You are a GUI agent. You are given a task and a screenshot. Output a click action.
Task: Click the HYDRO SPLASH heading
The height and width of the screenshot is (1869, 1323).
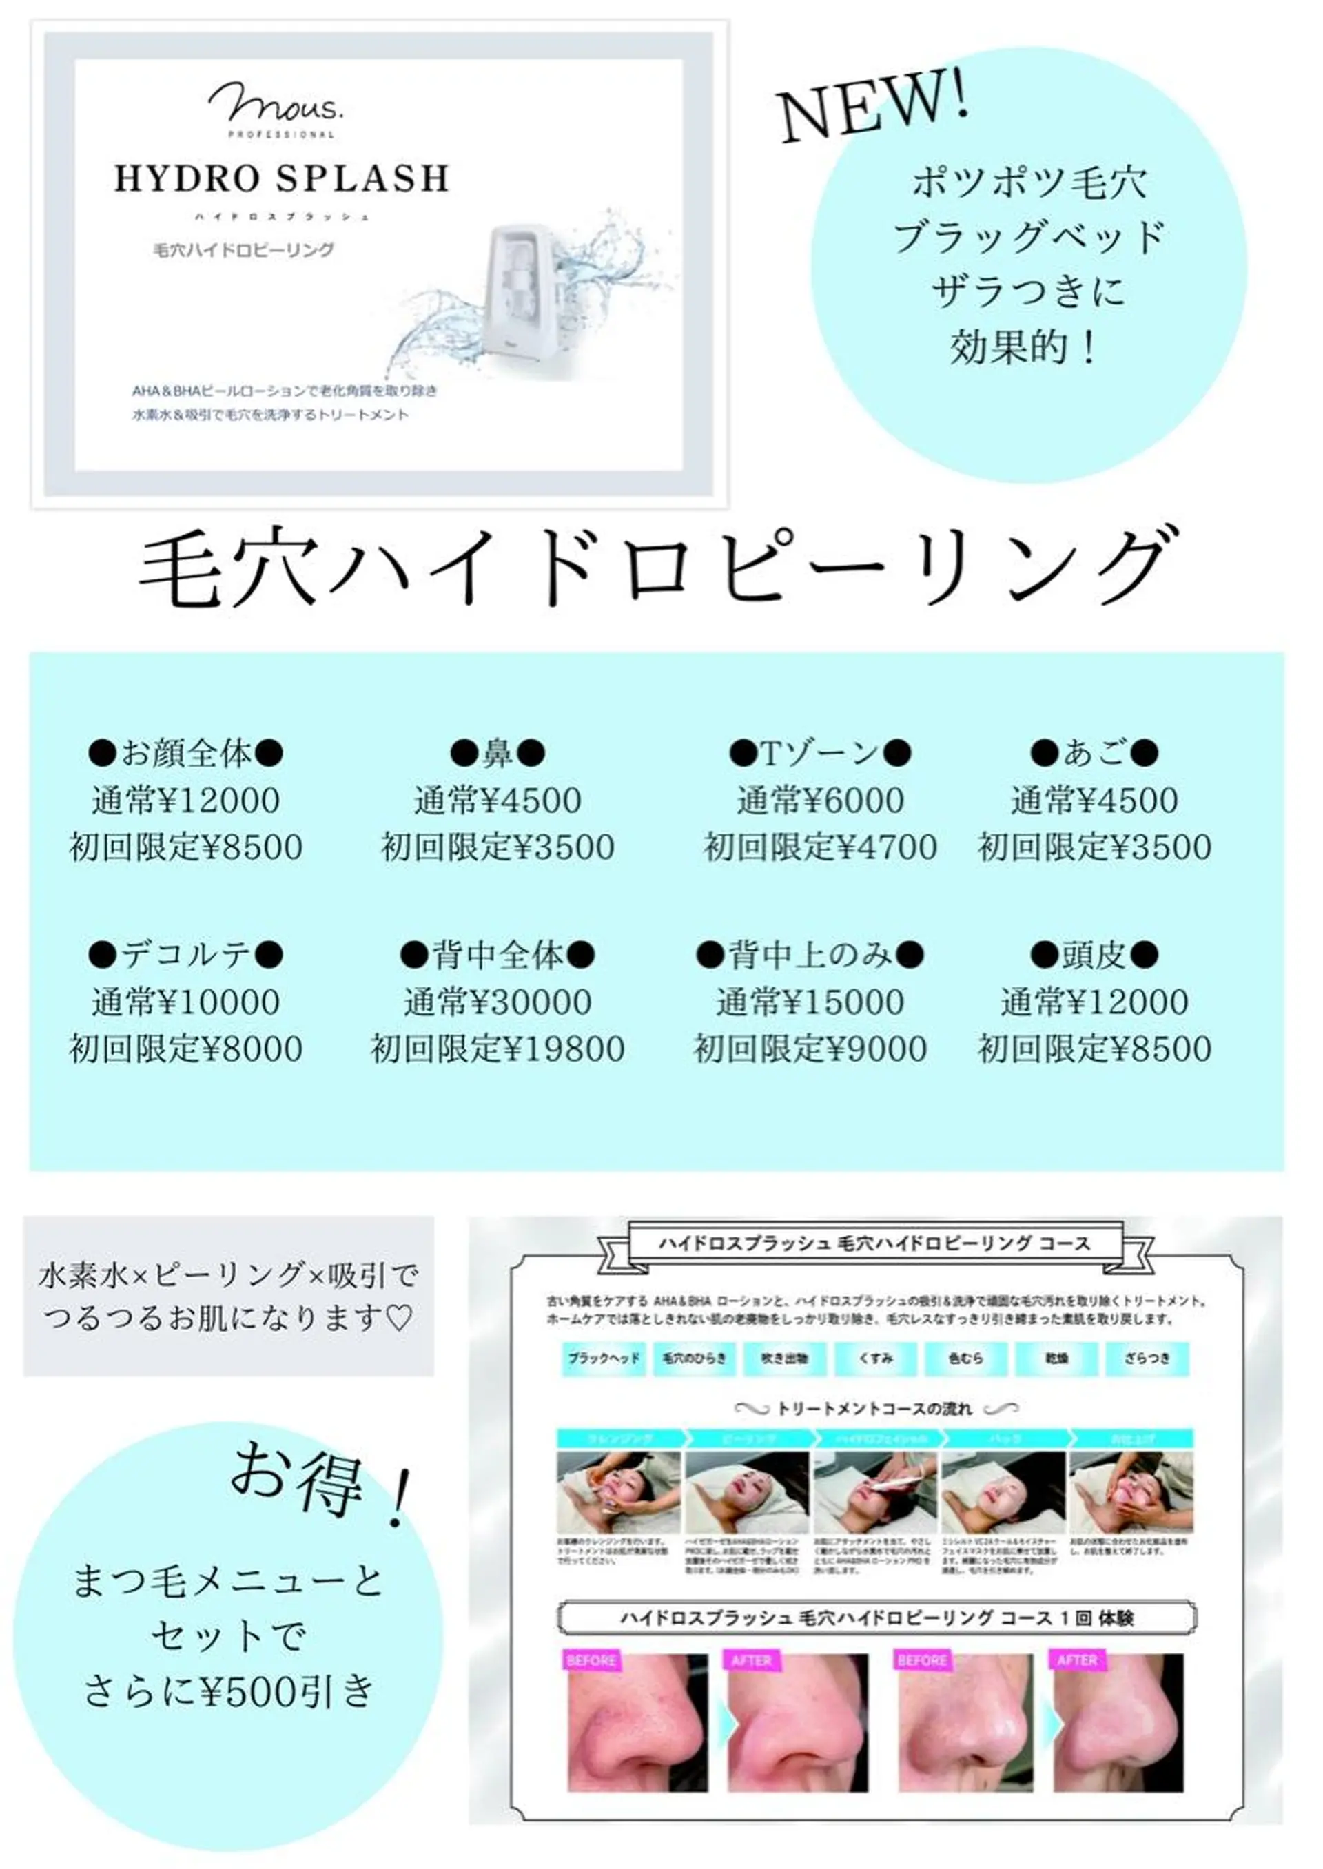281,178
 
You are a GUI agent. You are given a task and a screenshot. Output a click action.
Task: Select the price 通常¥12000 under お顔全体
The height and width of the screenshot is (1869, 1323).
186,801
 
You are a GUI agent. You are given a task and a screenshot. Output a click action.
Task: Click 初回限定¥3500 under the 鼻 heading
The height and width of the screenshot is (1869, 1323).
498,847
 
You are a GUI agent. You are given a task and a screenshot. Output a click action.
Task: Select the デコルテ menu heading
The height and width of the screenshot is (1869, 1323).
186,954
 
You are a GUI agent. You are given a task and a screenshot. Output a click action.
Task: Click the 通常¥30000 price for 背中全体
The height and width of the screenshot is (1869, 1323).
498,1002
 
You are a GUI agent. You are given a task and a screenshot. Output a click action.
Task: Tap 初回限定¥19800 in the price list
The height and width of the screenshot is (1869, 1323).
498,1049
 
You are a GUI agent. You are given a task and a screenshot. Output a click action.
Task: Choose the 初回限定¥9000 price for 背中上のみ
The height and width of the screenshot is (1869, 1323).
810,1049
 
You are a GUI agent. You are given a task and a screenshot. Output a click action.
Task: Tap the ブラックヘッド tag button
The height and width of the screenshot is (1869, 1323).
604,1359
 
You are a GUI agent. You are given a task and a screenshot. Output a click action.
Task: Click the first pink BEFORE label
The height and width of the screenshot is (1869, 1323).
591,1660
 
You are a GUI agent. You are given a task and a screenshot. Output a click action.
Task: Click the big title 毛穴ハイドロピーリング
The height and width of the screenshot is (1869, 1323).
660,568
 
